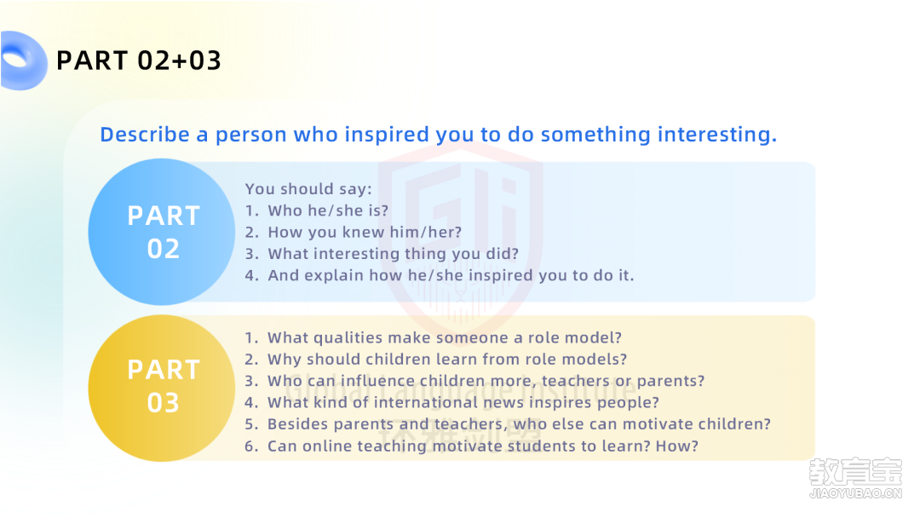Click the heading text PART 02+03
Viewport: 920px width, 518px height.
pos(139,60)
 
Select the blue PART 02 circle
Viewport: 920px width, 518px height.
pos(162,232)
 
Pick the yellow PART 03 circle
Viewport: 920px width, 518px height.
pos(162,388)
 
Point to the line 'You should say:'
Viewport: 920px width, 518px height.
pos(308,189)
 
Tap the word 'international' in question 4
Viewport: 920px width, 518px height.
pos(426,402)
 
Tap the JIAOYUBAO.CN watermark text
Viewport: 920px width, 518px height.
pos(855,493)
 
